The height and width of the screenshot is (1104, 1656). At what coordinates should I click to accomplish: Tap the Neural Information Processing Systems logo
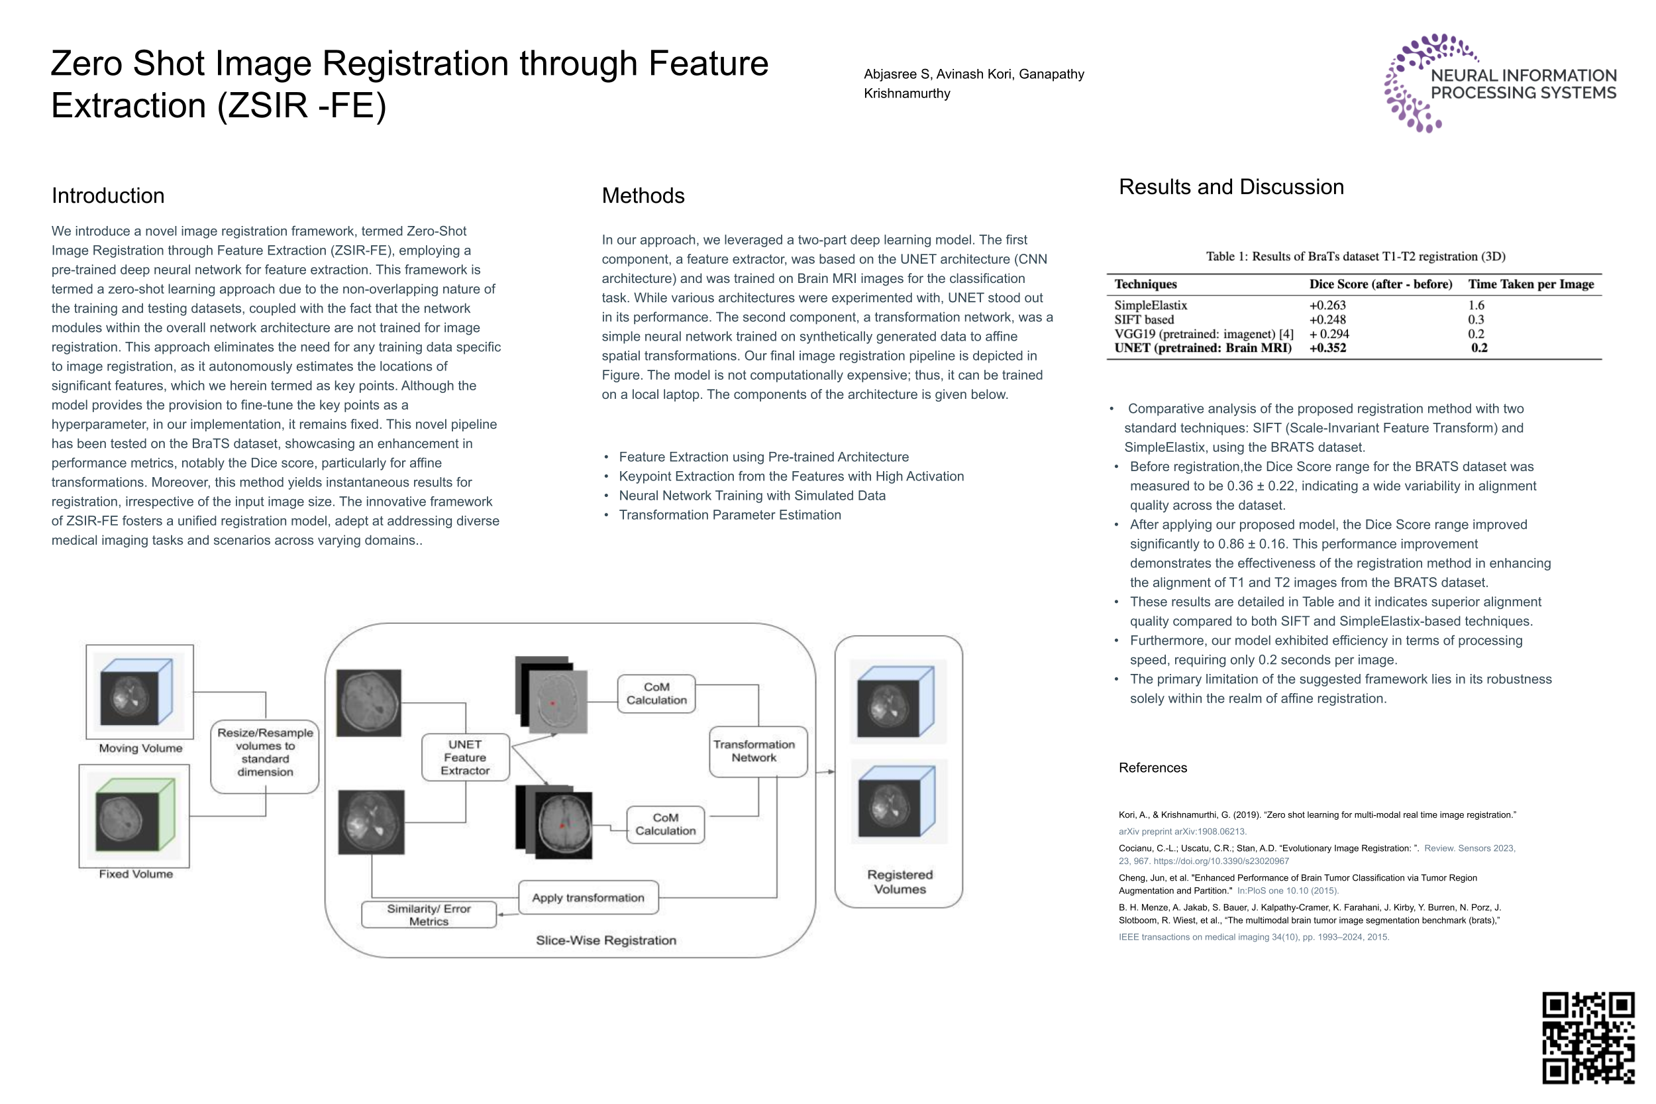[x=1499, y=83]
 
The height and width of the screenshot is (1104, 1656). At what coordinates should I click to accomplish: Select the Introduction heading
[x=108, y=195]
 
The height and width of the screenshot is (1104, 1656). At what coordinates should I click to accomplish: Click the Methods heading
[x=643, y=195]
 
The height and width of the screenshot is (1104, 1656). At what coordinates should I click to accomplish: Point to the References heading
[x=1152, y=767]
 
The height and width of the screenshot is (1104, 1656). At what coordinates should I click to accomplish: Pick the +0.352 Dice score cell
[x=1327, y=348]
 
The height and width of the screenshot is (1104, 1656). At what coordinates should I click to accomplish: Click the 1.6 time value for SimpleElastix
[x=1475, y=305]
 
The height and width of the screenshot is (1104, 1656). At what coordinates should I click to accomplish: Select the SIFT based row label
[x=1144, y=319]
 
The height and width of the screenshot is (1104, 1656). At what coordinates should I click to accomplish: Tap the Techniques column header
[x=1145, y=284]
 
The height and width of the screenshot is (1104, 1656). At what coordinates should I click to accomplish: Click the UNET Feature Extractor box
[x=464, y=757]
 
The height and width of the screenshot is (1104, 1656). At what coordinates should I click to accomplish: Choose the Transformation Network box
[x=754, y=751]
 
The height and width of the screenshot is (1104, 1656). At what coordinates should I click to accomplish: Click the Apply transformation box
[x=588, y=898]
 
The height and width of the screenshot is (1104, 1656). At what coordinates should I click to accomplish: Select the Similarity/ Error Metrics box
[x=429, y=914]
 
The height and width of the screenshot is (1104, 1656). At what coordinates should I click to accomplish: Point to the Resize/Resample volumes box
[x=264, y=752]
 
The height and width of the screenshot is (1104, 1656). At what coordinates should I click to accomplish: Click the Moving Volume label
[x=140, y=748]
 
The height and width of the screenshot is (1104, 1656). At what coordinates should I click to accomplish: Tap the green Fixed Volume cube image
[x=134, y=815]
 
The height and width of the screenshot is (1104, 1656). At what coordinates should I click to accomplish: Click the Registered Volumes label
[x=900, y=881]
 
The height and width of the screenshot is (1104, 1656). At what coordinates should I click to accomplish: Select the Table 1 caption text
[x=1355, y=256]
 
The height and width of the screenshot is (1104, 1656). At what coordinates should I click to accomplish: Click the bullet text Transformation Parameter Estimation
[x=729, y=515]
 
